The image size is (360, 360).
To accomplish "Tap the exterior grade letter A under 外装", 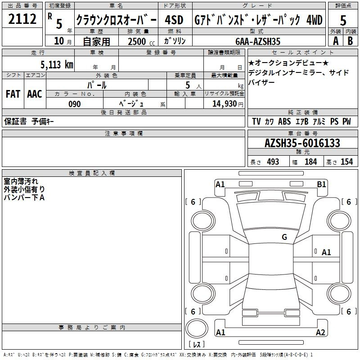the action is coord(335,40).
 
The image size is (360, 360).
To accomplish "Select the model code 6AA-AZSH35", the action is coord(258,41).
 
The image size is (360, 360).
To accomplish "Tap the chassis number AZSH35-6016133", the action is coord(302,144).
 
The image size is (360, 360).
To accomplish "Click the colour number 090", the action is coord(74,104).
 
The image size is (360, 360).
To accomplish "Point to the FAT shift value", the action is coord(13,94).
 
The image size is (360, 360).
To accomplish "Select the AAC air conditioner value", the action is coord(35,94).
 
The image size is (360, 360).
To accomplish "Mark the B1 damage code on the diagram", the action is coord(321,184).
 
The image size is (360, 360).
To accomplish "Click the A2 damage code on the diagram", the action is coord(320,333).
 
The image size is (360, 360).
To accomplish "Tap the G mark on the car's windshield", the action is coord(284,237).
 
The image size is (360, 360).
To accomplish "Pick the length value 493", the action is coord(273,162).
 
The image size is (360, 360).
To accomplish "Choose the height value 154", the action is coord(346,162).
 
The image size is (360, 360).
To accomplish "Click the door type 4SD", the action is coord(174,20).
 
